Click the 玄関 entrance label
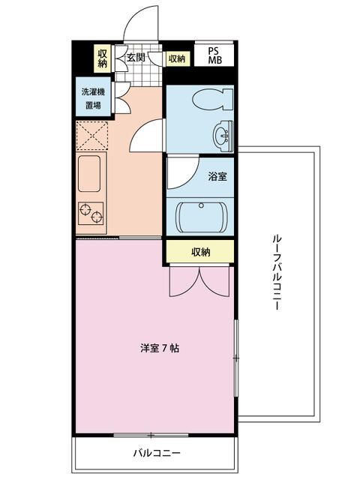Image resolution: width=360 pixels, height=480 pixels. [136, 58]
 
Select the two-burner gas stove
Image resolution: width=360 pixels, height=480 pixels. [91, 214]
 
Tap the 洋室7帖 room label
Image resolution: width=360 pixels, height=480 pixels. [158, 348]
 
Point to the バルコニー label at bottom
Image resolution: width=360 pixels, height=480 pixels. [157, 453]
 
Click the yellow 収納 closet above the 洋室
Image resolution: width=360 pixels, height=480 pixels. [199, 252]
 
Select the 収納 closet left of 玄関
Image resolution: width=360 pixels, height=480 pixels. [103, 58]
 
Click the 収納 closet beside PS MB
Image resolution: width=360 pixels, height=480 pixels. [177, 58]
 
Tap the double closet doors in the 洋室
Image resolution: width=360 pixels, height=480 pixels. [199, 281]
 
